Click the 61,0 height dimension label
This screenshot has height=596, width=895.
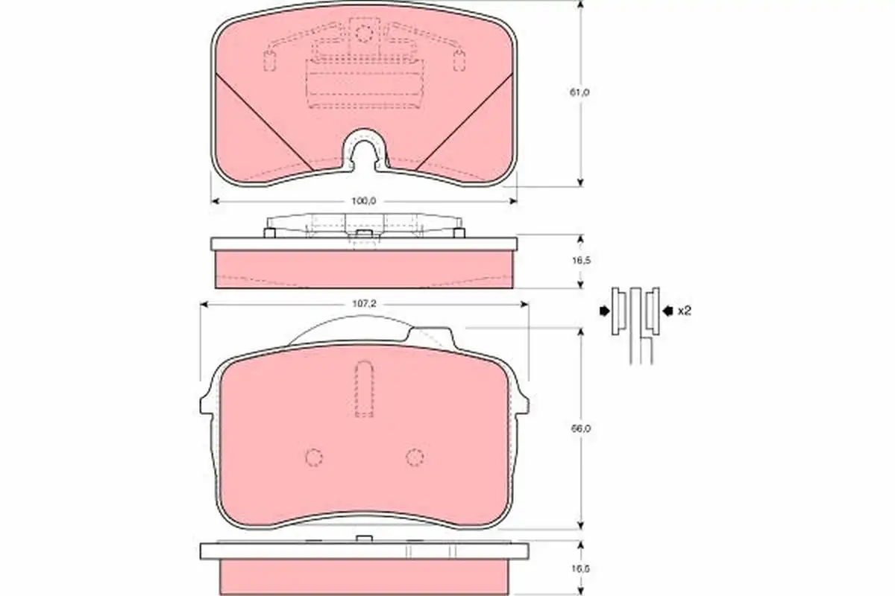coord(580,92)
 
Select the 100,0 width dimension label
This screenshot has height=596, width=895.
coord(364,201)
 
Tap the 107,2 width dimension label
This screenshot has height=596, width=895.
coord(364,304)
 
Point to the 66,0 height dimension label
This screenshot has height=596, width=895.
coord(581,428)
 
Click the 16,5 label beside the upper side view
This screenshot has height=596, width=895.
coord(581,261)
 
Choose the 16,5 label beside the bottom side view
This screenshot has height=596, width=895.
coord(581,568)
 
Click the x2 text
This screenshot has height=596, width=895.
coord(685,311)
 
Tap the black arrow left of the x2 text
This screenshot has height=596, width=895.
coord(668,311)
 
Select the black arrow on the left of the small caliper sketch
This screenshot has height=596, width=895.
coord(605,311)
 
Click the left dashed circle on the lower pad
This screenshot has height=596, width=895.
coord(314,457)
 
